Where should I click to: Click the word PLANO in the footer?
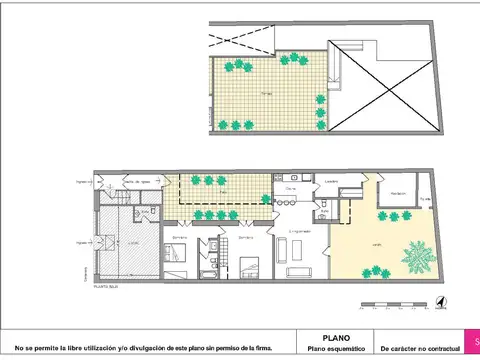[336, 338]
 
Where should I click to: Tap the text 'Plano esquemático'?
[336, 349]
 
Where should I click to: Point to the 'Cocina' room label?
[291, 188]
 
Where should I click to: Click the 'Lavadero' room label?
[329, 182]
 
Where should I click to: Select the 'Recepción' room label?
[397, 193]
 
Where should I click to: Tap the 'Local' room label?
[133, 241]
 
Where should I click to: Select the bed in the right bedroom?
[250, 264]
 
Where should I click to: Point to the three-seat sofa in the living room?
[300, 270]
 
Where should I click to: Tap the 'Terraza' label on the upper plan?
[266, 91]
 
